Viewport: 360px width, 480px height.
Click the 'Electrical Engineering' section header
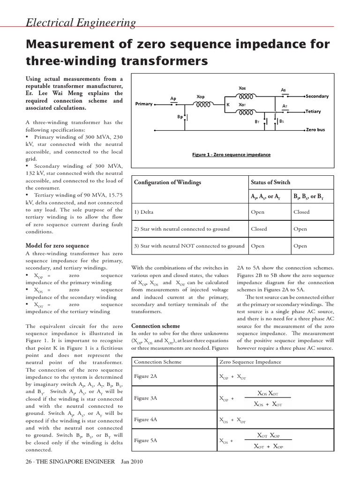[80, 22]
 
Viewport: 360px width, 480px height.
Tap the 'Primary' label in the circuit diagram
[144, 104]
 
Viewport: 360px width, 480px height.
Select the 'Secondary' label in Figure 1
[317, 96]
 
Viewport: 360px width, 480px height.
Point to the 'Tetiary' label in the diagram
[315, 112]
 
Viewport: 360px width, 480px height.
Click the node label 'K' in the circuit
[228, 105]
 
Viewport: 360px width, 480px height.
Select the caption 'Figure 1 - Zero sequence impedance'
[231, 155]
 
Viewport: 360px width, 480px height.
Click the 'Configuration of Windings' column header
[167, 182]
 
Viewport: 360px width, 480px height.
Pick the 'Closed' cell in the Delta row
[301, 212]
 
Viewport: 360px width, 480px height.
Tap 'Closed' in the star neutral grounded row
[259, 229]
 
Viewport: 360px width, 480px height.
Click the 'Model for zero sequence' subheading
[57, 246]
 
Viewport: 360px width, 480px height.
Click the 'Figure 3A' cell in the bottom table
[145, 398]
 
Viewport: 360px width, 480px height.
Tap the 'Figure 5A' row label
[145, 441]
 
